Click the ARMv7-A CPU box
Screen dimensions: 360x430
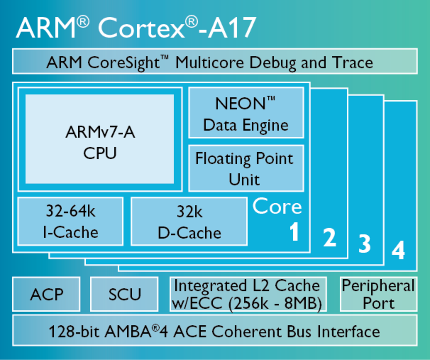pyautogui.click(x=100, y=139)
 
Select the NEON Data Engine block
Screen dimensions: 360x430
pyautogui.click(x=246, y=113)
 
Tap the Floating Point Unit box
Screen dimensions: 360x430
pyautogui.click(x=246, y=168)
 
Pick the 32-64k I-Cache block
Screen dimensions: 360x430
pyautogui.click(x=70, y=222)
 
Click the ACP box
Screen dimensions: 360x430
pyautogui.click(x=46, y=294)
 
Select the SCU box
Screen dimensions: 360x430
pyautogui.click(x=124, y=294)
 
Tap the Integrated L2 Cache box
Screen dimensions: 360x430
pyautogui.click(x=248, y=294)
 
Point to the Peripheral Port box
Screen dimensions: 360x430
pyautogui.click(x=378, y=294)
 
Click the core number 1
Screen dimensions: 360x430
pyautogui.click(x=294, y=232)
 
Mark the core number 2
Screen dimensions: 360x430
pyautogui.click(x=329, y=238)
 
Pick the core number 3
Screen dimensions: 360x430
pyautogui.click(x=364, y=244)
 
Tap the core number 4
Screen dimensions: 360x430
pyautogui.click(x=398, y=250)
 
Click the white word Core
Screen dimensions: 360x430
pyautogui.click(x=277, y=206)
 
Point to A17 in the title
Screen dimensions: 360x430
pyautogui.click(x=232, y=28)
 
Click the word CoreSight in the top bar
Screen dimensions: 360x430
pyautogui.click(x=123, y=63)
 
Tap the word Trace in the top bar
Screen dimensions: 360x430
pyautogui.click(x=352, y=63)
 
